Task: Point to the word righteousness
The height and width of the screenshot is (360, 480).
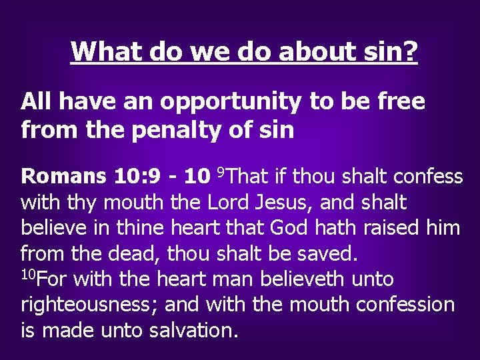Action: coord(88,305)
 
